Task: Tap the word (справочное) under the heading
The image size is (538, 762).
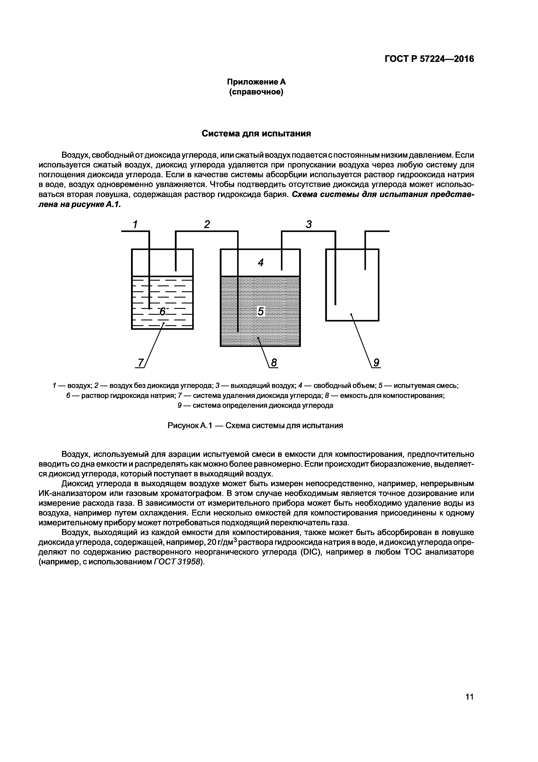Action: (x=256, y=92)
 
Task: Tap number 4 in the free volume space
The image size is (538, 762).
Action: (x=261, y=263)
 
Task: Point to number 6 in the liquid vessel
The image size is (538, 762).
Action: (x=162, y=312)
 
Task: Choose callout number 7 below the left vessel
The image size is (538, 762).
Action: (x=141, y=363)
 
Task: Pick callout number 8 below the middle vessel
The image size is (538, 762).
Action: (x=274, y=363)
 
